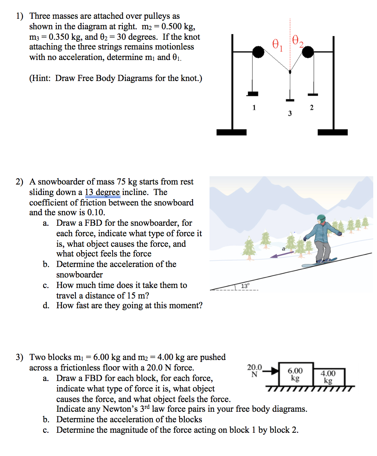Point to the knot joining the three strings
click(290, 71)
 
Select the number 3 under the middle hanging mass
click(290, 113)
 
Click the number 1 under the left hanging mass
click(254, 108)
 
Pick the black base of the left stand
click(232, 132)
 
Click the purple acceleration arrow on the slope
click(282, 255)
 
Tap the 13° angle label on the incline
click(245, 286)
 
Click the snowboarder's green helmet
click(321, 218)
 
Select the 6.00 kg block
click(295, 374)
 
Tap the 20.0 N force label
click(255, 370)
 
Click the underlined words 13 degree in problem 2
click(102, 192)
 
